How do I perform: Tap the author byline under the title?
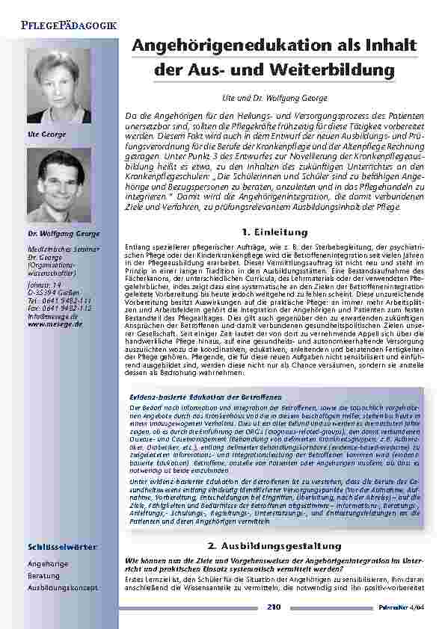[x=276, y=97]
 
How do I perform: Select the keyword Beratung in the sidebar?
[x=43, y=576]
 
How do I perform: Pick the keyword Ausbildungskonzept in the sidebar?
[x=62, y=588]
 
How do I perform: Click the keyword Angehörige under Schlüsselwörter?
[x=48, y=564]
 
